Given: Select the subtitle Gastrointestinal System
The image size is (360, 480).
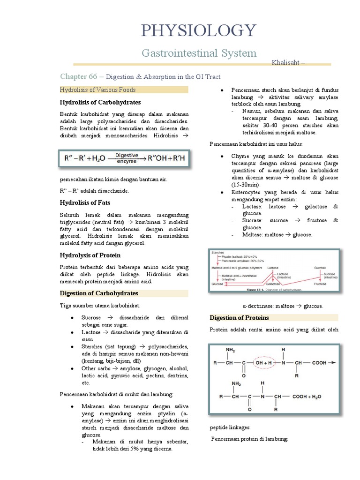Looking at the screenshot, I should pos(200,53).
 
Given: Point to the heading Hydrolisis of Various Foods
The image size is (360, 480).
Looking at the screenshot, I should pos(98,90).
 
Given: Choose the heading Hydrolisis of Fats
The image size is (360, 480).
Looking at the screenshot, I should pos(85,202).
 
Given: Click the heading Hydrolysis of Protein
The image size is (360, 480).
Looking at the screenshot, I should pos(90,255).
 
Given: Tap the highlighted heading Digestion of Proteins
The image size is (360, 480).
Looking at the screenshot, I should pos(240,317).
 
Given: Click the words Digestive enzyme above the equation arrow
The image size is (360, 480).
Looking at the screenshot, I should pos(126,157).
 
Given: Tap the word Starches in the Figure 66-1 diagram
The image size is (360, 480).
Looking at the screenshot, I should pos(217,252).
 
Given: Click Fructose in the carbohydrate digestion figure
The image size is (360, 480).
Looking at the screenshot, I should pos(320,284).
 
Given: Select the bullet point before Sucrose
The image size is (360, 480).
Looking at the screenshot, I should pos(71,317).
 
